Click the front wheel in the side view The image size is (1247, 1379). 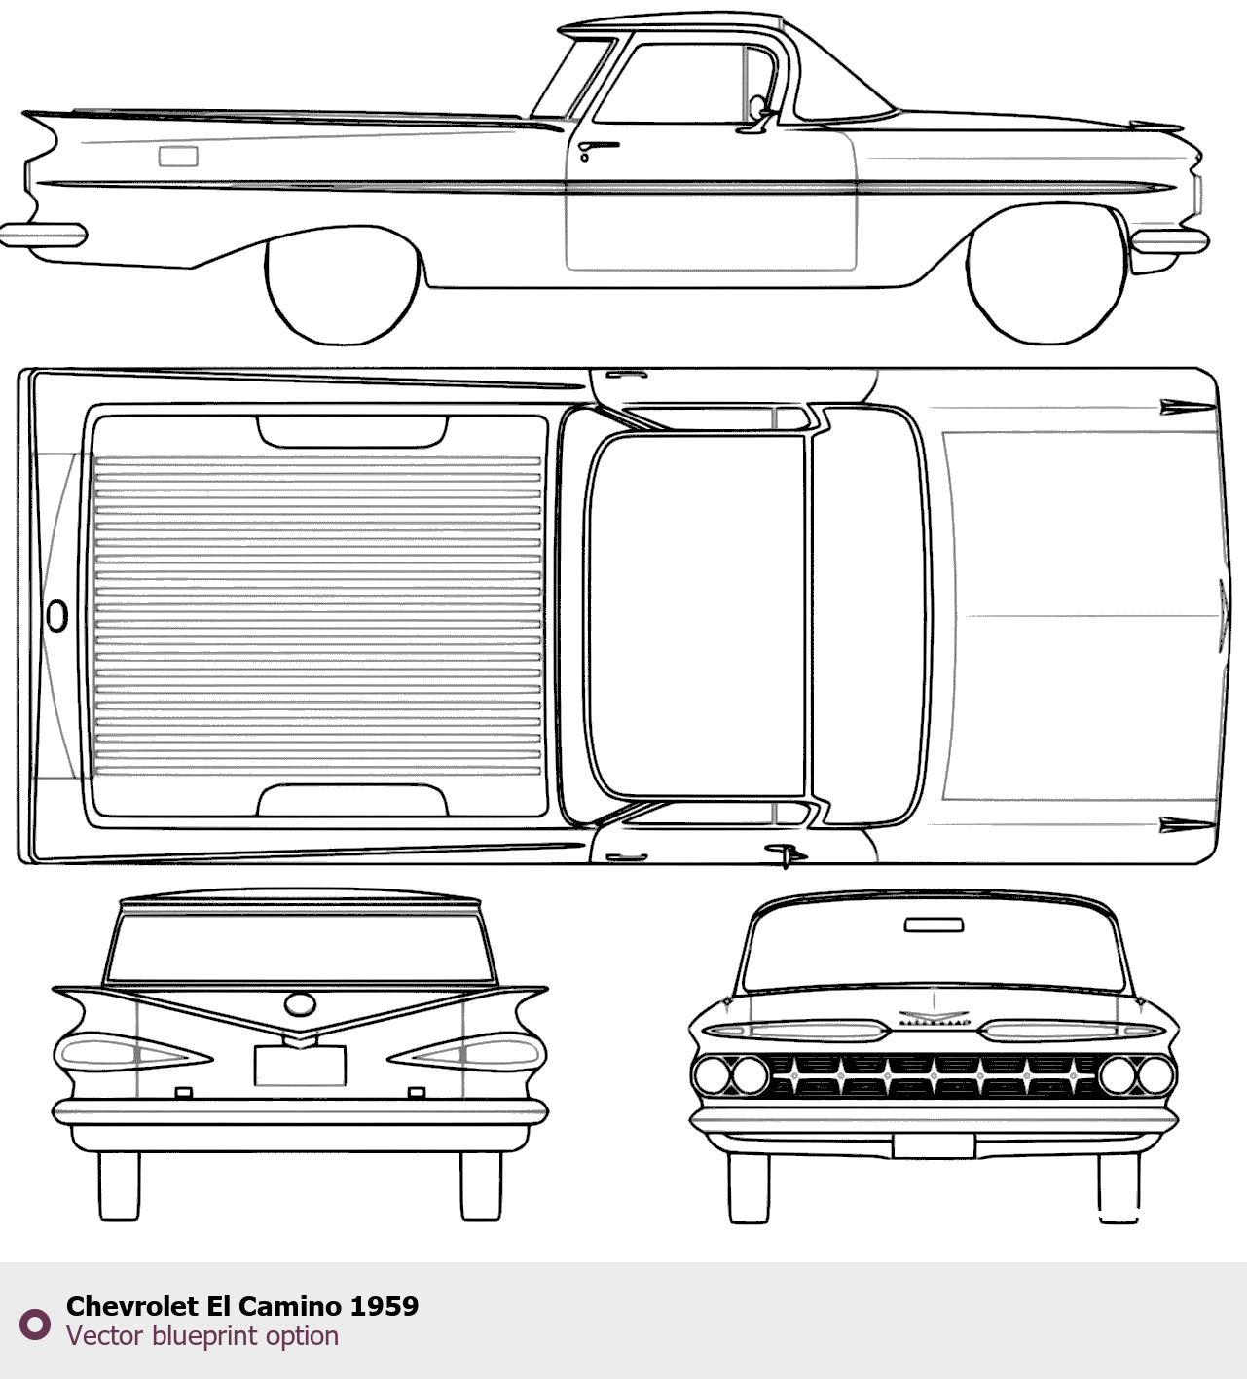point(1046,275)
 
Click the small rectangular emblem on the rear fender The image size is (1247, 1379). point(178,157)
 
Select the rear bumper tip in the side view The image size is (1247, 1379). point(43,235)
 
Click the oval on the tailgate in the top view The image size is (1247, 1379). point(57,616)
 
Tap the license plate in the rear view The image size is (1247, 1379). point(300,1065)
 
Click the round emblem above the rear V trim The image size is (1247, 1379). point(300,1004)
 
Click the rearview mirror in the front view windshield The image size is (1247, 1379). point(934,925)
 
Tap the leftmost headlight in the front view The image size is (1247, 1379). point(711,1075)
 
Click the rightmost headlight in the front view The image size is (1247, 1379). point(1155,1075)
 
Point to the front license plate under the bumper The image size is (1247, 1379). point(934,1146)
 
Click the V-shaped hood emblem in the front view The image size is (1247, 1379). point(934,1015)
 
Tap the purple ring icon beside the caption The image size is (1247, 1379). point(34,1324)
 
